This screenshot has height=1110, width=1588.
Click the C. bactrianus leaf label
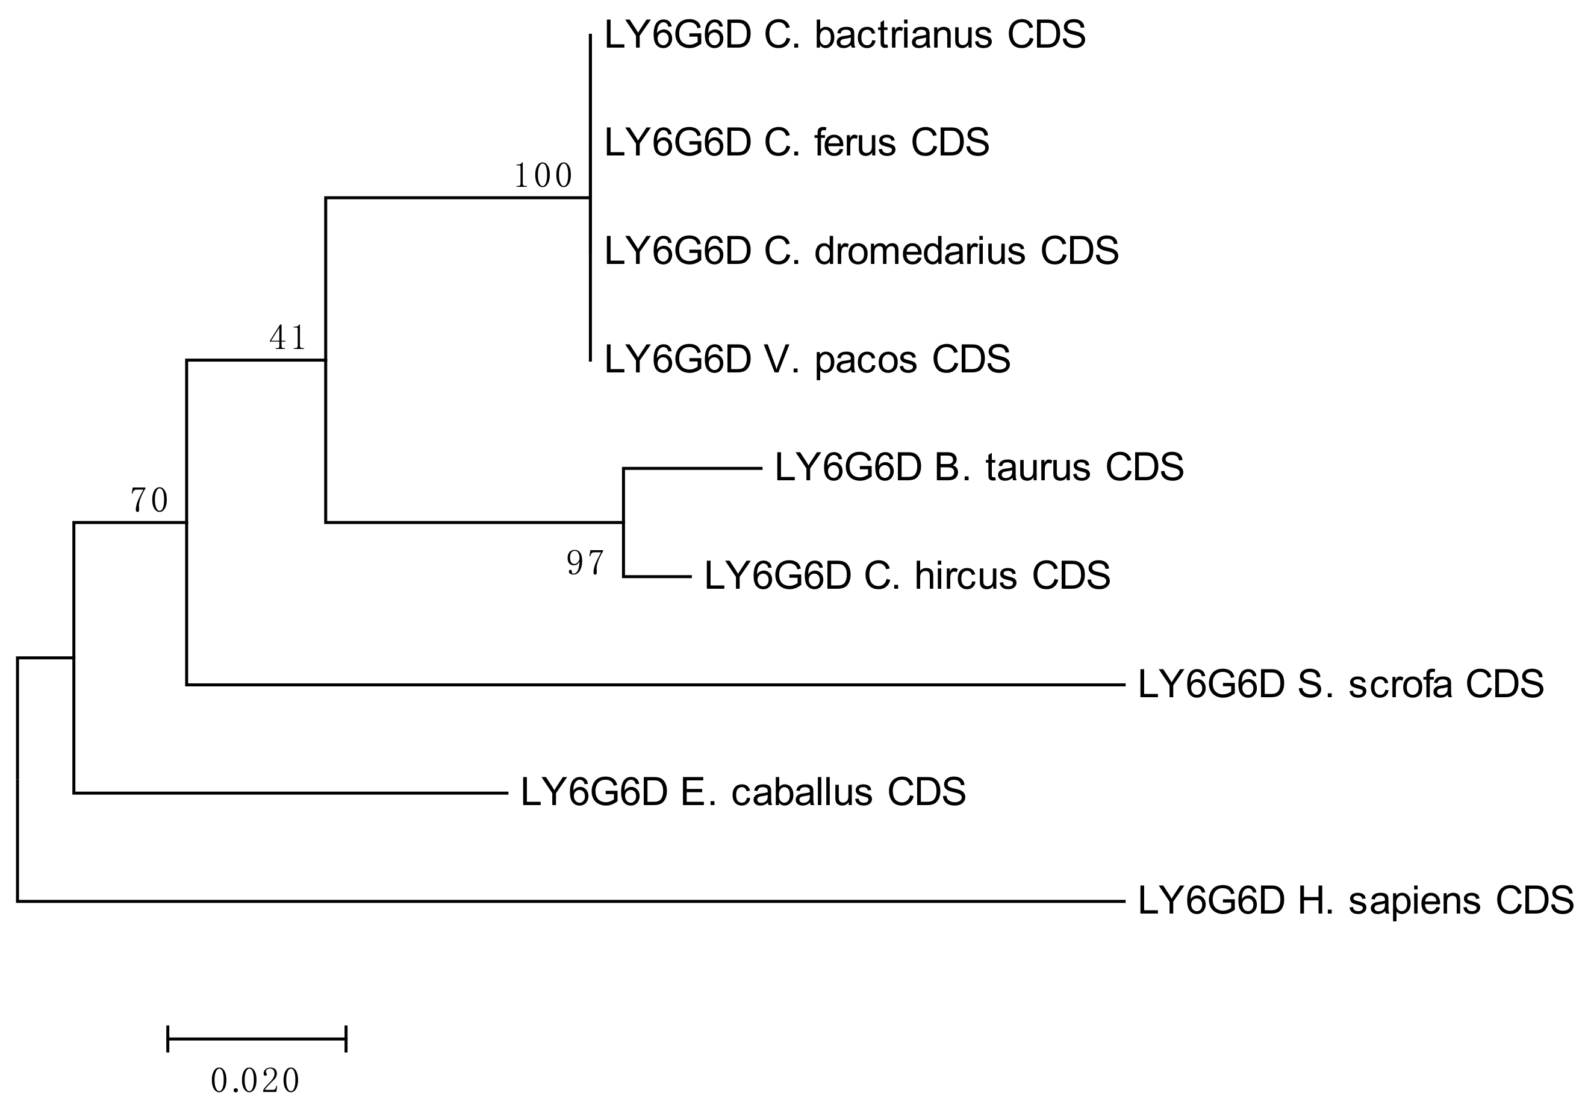coord(844,36)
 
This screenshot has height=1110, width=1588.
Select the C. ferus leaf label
coord(796,143)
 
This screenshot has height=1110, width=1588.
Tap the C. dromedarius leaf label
coord(861,251)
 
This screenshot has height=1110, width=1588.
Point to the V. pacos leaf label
coord(807,360)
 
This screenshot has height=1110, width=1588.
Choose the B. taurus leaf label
coord(979,468)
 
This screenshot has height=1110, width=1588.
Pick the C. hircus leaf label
coord(907,575)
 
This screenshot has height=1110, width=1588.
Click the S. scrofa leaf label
coord(1340,685)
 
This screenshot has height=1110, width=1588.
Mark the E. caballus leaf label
coord(743,792)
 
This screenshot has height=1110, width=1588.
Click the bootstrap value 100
coord(543,177)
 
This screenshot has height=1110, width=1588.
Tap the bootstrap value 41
coord(288,339)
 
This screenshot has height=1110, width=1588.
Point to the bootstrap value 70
coord(149,500)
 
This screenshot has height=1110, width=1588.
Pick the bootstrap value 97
coord(586,563)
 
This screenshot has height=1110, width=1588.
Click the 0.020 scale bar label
coord(255,1081)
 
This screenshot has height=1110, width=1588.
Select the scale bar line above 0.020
coord(257,1039)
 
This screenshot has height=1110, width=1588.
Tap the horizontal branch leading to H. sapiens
coord(571,901)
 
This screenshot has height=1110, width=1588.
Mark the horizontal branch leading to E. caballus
coord(290,793)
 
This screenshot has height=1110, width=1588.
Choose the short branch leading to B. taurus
coord(692,468)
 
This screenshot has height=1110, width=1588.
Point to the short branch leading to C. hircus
coord(657,577)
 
